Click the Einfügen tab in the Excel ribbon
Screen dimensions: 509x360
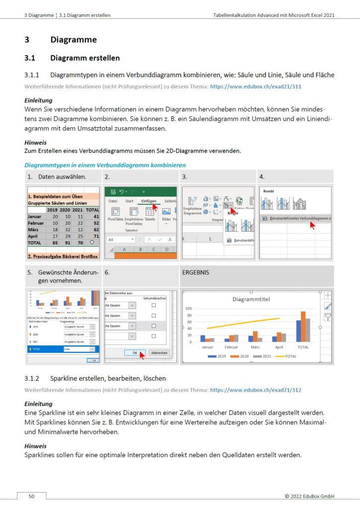pos(149,201)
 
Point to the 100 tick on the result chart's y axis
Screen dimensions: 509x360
pos(188,309)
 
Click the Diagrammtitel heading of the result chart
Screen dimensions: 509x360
pos(254,299)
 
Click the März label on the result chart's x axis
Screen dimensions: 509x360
pos(255,347)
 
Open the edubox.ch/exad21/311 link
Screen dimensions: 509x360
pos(256,86)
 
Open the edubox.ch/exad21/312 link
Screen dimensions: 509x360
pos(256,390)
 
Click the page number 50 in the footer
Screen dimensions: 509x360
pos(31,496)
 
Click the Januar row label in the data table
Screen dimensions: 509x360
pos(35,217)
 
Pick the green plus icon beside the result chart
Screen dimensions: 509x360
pos(328,295)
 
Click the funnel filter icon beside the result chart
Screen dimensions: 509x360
pos(328,317)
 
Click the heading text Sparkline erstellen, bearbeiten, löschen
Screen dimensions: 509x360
pos(104,379)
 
